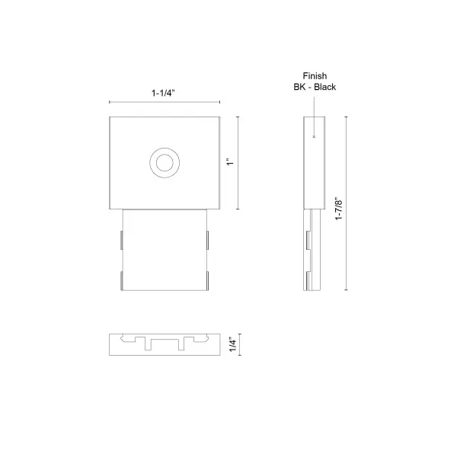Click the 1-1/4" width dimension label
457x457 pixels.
tap(164, 92)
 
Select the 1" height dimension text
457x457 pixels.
tap(227, 162)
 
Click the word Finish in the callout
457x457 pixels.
tap(315, 75)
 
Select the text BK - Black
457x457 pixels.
tap(315, 87)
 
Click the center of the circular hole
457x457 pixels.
tap(164, 162)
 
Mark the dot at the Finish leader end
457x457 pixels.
tap(314, 137)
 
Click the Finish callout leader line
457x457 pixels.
tap(314, 114)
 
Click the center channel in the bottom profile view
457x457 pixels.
tap(164, 342)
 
